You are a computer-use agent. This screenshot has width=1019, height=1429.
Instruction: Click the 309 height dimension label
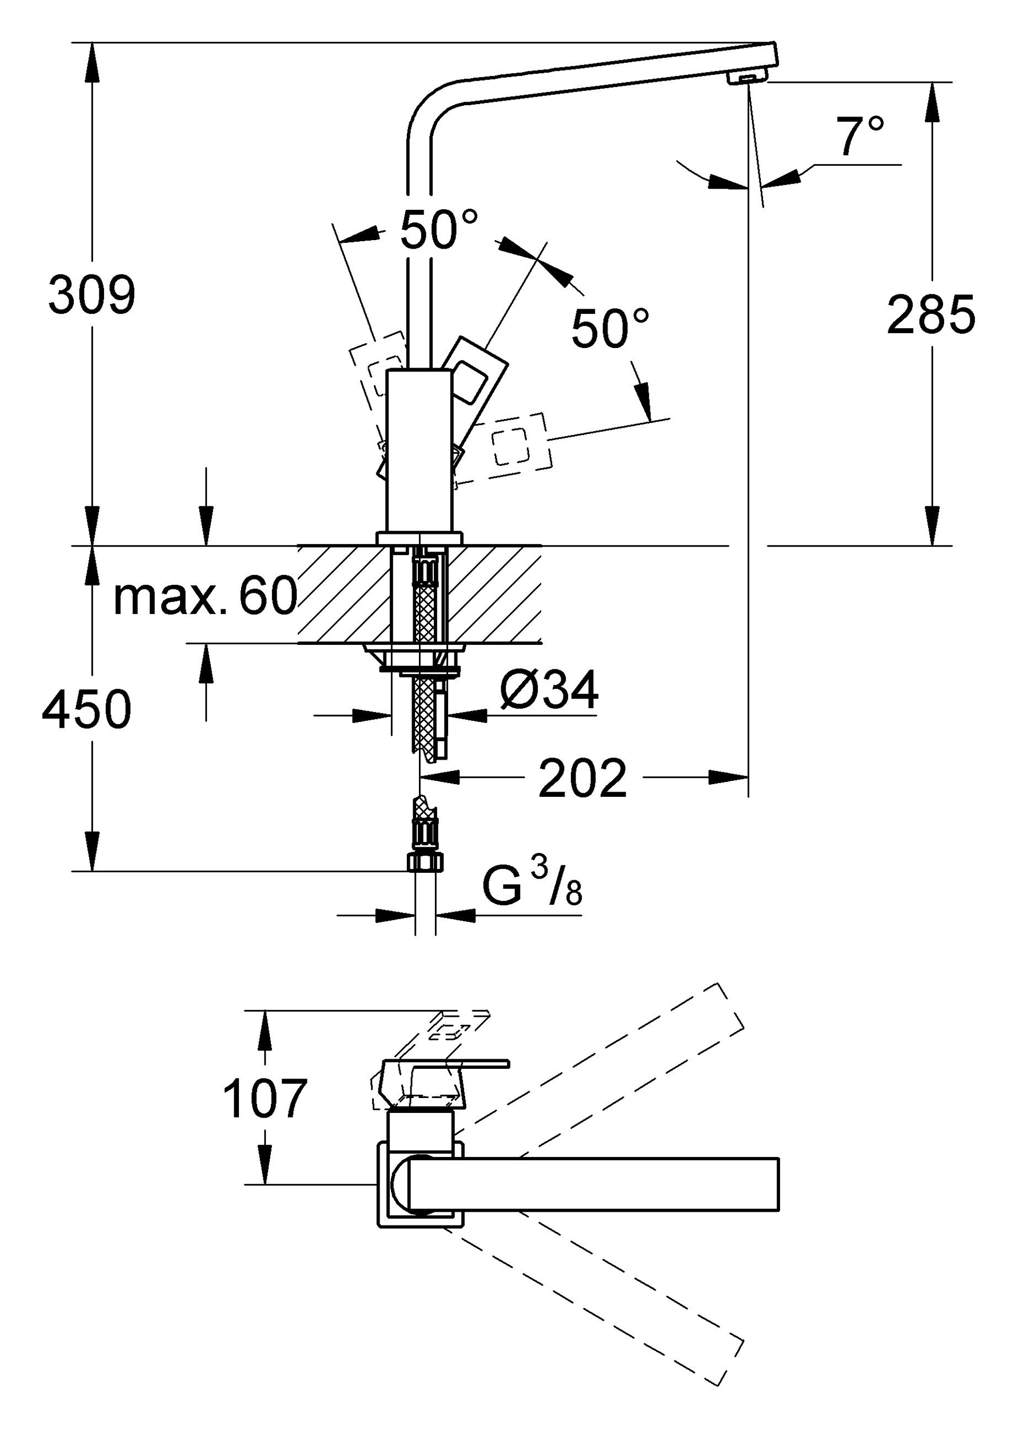click(91, 295)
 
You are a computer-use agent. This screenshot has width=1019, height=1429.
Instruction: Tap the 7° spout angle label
click(859, 135)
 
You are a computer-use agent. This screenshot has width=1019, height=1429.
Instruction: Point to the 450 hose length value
click(87, 709)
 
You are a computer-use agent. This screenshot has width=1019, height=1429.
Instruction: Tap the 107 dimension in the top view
click(265, 1099)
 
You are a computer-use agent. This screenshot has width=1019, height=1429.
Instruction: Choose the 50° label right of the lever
click(610, 328)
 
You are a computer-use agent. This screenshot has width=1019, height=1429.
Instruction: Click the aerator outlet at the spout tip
click(748, 78)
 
